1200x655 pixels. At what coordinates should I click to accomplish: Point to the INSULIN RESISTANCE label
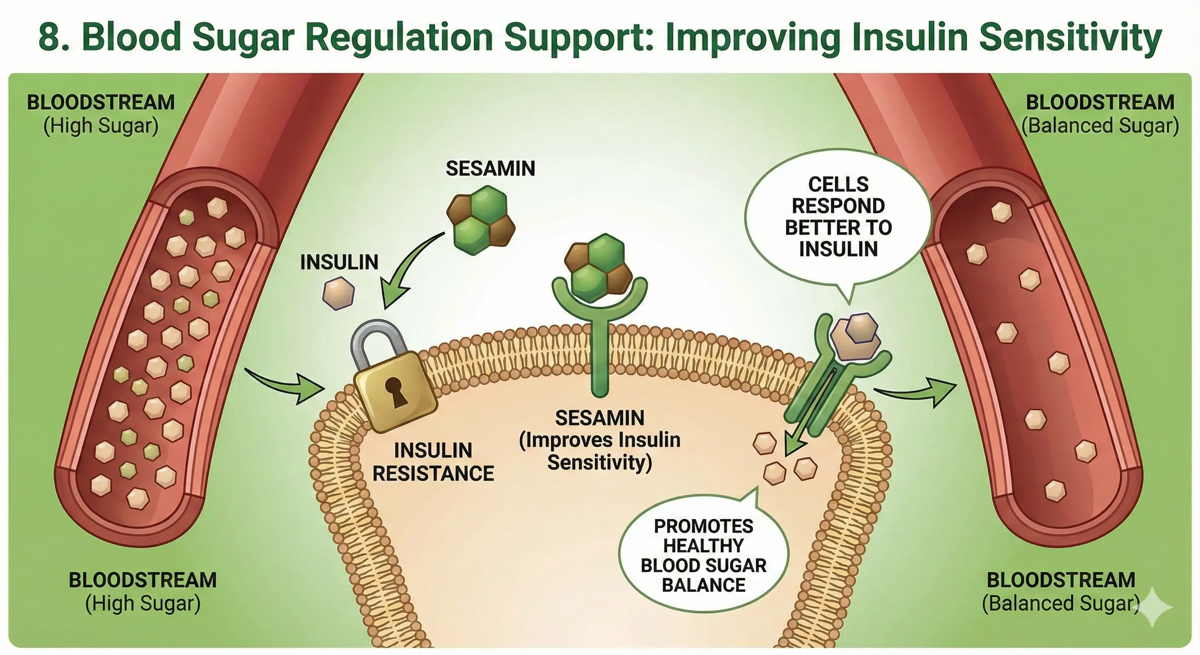point(433,462)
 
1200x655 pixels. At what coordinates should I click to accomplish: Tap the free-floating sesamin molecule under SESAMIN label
point(481,220)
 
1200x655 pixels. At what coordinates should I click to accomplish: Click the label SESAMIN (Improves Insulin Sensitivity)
point(600,440)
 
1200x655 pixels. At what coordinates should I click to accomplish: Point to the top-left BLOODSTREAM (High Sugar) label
point(101,114)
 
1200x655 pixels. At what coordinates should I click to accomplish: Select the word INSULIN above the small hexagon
point(339,262)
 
